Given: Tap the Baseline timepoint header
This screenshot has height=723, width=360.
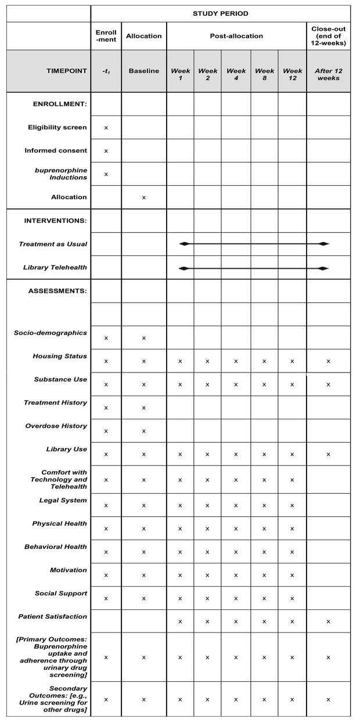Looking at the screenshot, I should click(143, 71).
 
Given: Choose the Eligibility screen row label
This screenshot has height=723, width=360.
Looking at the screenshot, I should click(57, 127).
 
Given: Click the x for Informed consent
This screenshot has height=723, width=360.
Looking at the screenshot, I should click(106, 151).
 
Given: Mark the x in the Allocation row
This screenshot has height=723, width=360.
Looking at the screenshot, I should click(143, 198).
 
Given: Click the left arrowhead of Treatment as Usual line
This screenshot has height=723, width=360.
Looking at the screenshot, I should click(183, 244).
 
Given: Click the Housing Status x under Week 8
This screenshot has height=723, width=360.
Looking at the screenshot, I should click(264, 361).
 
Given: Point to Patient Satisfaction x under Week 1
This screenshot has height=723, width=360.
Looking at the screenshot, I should click(180, 621).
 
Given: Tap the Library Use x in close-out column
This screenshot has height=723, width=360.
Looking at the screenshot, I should click(328, 454).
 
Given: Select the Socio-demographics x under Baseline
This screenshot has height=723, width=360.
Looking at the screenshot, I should click(143, 338).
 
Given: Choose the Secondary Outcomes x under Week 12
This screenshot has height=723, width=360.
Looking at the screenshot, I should click(292, 700).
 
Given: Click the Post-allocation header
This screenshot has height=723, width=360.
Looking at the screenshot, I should click(236, 36).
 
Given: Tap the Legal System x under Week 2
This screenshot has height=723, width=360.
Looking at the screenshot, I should click(207, 505).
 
